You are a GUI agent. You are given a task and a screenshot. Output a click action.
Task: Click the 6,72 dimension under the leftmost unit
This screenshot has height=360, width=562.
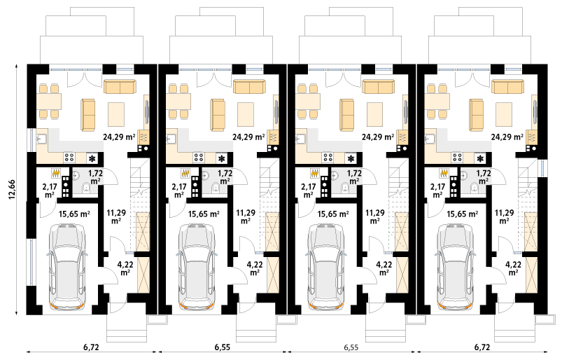point(91,347)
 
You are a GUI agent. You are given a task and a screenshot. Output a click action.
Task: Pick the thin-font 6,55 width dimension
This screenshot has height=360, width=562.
point(351,347)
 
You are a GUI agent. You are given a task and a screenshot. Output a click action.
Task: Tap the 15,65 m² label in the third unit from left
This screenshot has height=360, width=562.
point(333,214)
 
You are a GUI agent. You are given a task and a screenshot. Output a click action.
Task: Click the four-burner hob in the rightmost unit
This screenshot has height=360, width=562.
point(456,157)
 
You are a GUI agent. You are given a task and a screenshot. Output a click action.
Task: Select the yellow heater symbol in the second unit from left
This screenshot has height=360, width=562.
point(185,174)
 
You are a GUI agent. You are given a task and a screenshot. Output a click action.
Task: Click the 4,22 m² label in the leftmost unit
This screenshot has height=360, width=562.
point(125,268)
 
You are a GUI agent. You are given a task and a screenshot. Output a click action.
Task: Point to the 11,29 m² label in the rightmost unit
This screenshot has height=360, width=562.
point(504,216)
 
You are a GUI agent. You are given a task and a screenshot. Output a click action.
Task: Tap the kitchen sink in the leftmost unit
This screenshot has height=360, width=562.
point(41,139)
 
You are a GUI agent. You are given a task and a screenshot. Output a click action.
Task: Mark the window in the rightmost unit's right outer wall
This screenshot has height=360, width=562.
point(542,169)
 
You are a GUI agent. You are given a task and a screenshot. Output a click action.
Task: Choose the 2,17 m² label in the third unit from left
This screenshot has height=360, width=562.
point(308,191)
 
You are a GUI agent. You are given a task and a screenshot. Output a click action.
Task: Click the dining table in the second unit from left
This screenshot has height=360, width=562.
point(178,102)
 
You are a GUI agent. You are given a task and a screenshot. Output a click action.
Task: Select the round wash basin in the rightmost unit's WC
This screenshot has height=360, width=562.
point(465,175)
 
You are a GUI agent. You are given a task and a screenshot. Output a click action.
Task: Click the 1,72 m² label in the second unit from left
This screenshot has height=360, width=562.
point(225,176)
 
